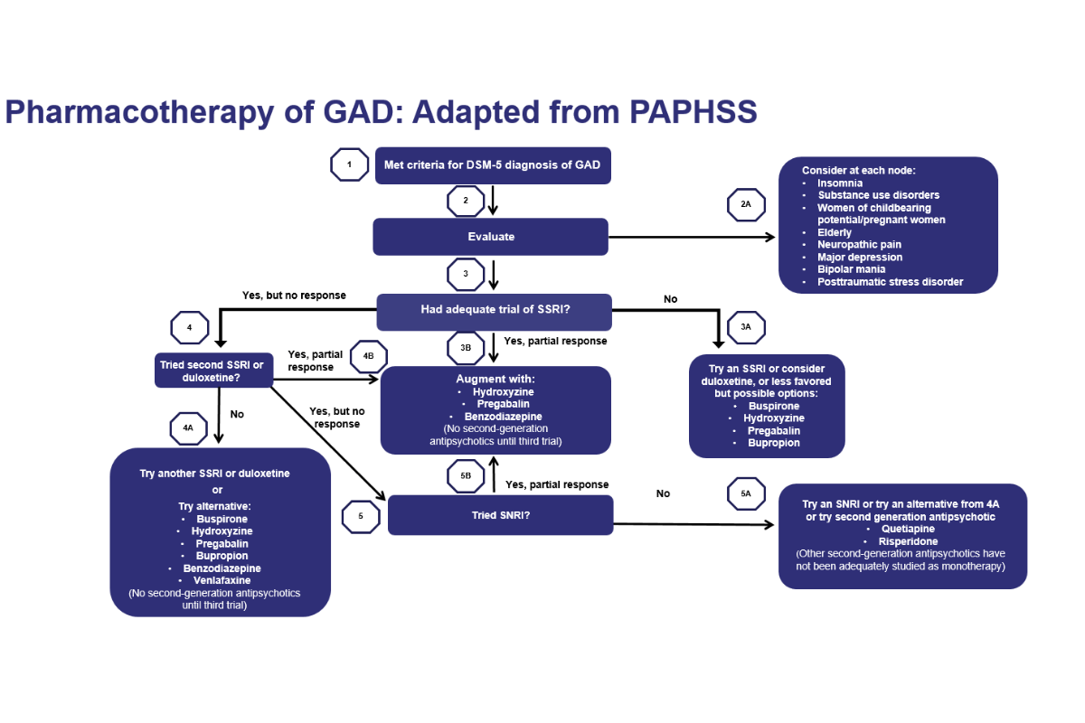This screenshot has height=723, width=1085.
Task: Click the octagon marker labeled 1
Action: click(x=349, y=165)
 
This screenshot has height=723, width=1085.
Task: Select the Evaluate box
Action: click(x=491, y=237)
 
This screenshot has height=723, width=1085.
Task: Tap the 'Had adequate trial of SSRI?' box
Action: click(x=495, y=310)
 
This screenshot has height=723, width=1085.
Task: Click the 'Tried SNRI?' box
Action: click(x=500, y=515)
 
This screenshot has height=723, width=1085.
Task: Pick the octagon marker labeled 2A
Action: click(x=746, y=205)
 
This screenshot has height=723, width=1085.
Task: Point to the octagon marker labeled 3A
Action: click(x=746, y=326)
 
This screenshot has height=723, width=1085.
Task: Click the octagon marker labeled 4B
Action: click(x=368, y=355)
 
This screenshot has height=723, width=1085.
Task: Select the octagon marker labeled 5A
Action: click(x=746, y=493)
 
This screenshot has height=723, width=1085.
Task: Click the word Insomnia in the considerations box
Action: click(x=840, y=183)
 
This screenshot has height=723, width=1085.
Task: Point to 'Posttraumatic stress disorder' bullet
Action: click(x=890, y=282)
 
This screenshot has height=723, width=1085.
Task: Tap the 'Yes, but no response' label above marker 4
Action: click(x=294, y=296)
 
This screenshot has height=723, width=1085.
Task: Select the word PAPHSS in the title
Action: click(x=688, y=112)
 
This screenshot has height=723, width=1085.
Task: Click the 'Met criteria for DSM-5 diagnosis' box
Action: click(x=492, y=165)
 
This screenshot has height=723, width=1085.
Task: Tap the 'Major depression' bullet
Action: click(x=860, y=258)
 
